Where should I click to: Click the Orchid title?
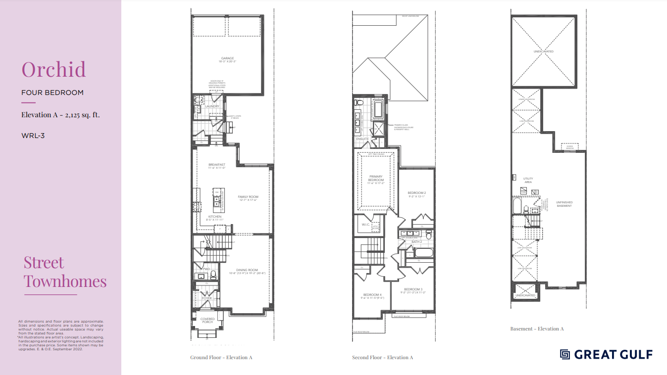(53, 70)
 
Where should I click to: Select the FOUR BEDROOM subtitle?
(52, 93)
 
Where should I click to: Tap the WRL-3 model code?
(33, 135)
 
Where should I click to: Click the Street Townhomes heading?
(65, 272)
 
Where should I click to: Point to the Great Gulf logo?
(606, 354)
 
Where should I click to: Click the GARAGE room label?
(228, 58)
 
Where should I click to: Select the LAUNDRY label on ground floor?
(212, 106)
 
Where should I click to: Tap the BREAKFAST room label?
(217, 164)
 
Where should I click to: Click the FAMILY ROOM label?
(248, 197)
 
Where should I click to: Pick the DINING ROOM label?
(247, 270)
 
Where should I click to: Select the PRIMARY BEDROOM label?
(376, 178)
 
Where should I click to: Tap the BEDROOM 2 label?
(417, 192)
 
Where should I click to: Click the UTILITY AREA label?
(528, 180)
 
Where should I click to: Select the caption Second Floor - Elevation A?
(382, 357)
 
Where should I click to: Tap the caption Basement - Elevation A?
(537, 328)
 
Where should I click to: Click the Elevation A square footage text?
(61, 115)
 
